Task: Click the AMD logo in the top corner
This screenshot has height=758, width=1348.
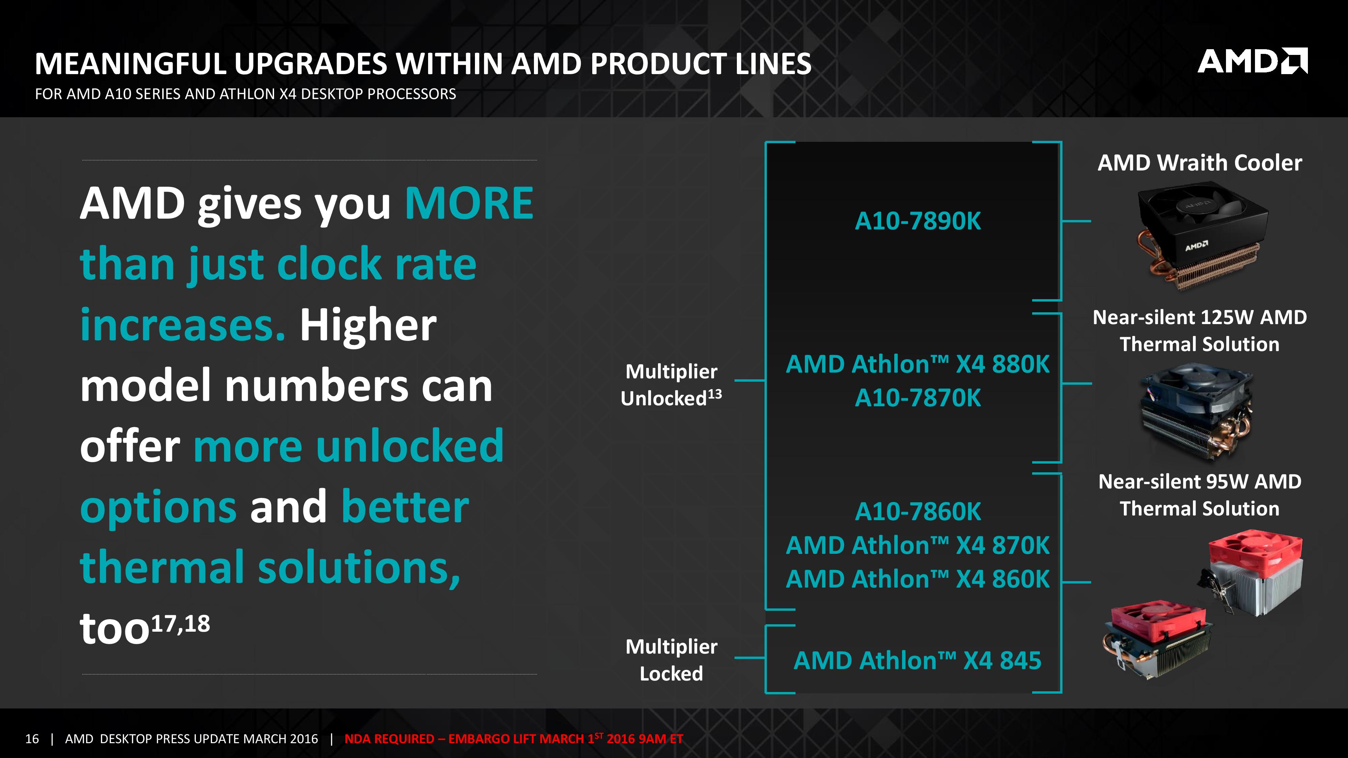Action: [1252, 61]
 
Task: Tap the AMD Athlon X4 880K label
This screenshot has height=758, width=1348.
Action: [918, 364]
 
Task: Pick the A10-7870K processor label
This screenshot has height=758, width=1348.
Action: [918, 398]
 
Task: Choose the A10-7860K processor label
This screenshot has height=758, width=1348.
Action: [918, 512]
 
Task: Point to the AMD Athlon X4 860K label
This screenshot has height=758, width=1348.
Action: [918, 579]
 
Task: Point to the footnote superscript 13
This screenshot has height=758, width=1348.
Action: [715, 394]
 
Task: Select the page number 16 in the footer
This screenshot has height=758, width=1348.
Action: [32, 739]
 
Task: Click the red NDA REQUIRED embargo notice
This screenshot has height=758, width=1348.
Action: [514, 739]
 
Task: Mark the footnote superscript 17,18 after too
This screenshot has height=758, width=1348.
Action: [181, 624]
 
